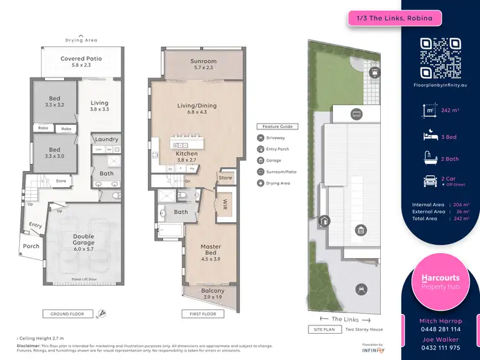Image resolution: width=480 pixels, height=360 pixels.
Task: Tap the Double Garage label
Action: (x=83, y=240)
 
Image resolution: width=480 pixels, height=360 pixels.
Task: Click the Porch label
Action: (x=31, y=246)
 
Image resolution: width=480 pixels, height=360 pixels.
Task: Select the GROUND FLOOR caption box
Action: (x=67, y=314)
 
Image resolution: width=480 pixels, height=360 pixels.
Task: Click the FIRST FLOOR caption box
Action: (x=204, y=314)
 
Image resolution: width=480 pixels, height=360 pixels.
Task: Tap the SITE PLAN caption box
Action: (x=324, y=330)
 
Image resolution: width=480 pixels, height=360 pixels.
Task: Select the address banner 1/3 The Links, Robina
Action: (x=394, y=18)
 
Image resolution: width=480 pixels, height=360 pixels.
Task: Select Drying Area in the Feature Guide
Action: (x=277, y=183)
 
